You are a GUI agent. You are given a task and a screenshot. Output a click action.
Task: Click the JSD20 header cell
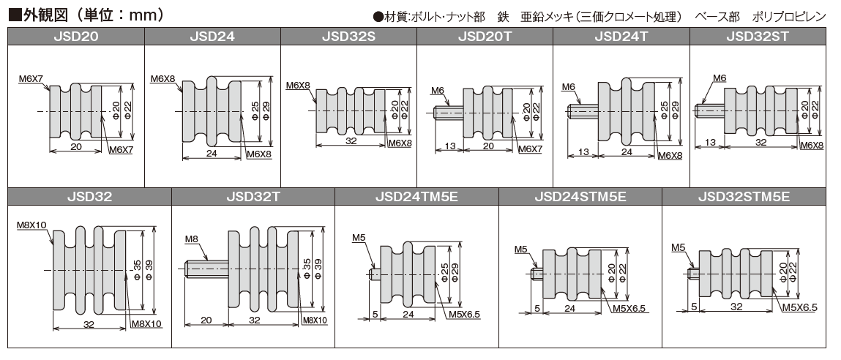pyautogui.click(x=76, y=36)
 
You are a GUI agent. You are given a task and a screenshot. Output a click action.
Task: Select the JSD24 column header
pyautogui.click(x=212, y=36)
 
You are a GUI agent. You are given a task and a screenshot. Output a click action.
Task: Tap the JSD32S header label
pyautogui.click(x=348, y=36)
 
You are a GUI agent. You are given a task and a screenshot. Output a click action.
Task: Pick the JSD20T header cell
pyautogui.click(x=485, y=36)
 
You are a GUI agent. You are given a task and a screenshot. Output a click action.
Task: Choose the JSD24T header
pyautogui.click(x=621, y=36)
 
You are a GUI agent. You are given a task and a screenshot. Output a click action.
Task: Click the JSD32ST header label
pyautogui.click(x=758, y=36)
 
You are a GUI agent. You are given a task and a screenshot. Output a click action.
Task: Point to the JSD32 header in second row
pyautogui.click(x=89, y=196)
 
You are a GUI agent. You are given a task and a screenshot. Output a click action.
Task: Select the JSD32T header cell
pyautogui.click(x=253, y=196)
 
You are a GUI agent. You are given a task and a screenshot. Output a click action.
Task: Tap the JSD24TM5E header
pyautogui.click(x=416, y=196)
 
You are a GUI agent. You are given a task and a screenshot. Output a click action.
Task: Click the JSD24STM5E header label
pyautogui.click(x=580, y=196)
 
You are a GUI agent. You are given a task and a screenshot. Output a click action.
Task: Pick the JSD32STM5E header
pyautogui.click(x=743, y=196)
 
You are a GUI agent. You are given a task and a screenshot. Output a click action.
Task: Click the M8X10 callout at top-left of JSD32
pyautogui.click(x=31, y=225)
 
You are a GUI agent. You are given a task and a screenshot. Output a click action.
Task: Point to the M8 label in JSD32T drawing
pyautogui.click(x=192, y=239)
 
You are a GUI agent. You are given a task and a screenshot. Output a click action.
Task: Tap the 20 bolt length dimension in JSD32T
pyautogui.click(x=206, y=320)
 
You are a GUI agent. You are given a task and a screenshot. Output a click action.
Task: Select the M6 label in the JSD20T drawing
pyautogui.click(x=438, y=90)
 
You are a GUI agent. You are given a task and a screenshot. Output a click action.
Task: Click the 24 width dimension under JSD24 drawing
pyautogui.click(x=212, y=154)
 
